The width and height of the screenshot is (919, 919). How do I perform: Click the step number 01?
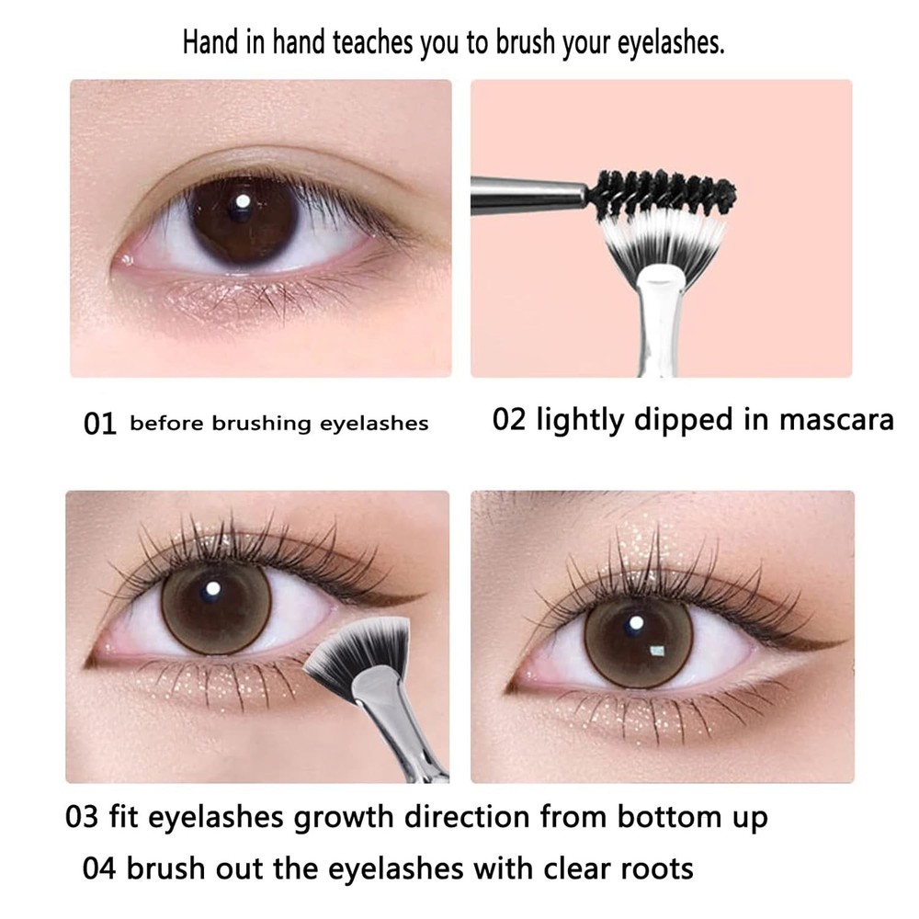pos(100,424)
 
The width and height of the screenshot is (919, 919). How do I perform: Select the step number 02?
pos(510,420)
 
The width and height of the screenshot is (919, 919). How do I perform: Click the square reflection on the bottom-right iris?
pos(657,652)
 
